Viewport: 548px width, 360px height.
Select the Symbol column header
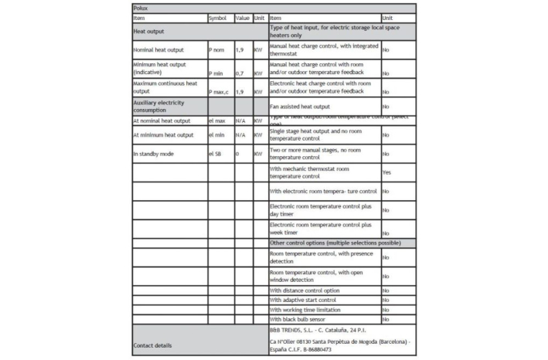pos(218,17)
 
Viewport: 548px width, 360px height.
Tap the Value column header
pos(242,17)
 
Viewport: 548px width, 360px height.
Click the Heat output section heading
pos(149,32)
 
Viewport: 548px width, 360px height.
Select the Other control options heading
pos(335,243)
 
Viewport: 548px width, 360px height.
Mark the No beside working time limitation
pos(385,310)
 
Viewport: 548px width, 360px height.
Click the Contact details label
pos(152,345)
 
